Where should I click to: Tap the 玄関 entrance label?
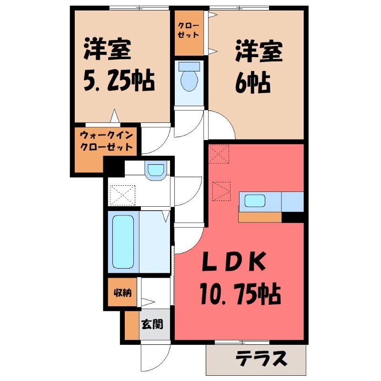point(152,325)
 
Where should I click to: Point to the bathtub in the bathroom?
point(123,241)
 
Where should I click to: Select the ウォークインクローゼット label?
point(105,140)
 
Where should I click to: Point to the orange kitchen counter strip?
point(260,217)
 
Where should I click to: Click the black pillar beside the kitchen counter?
point(293,217)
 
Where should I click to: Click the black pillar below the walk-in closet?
point(114,167)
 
